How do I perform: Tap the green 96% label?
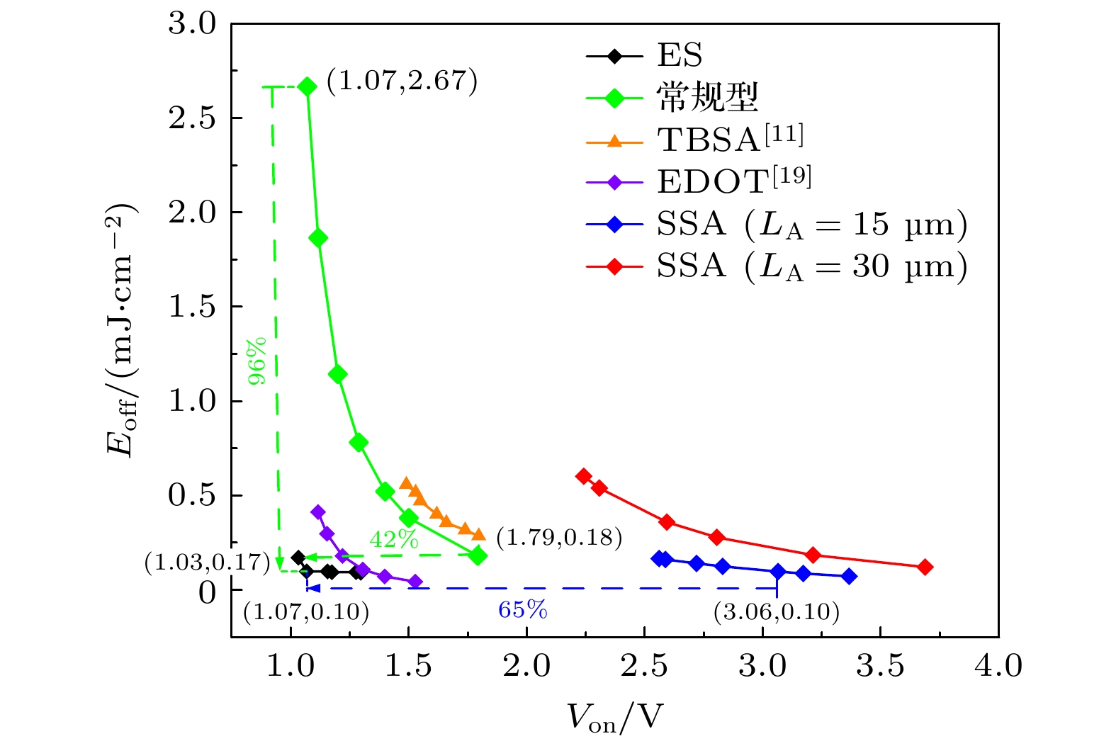coord(257,361)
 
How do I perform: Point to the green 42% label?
coord(394,540)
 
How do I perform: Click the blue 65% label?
coord(523,609)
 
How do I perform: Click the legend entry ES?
coord(679,55)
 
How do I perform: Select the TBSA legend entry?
coord(730,139)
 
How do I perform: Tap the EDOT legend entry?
coord(733,181)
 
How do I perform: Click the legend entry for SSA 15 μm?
coord(811,225)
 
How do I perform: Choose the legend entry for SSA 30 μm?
coord(811,266)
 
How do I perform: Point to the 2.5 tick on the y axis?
coord(192,118)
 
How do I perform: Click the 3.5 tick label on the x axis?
coord(880,666)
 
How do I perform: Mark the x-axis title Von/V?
coord(614,717)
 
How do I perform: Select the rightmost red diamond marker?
coord(925,567)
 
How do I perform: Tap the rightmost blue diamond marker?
coord(849,576)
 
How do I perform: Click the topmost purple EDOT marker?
coord(318,512)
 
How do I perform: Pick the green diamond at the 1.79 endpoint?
coord(478,555)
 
